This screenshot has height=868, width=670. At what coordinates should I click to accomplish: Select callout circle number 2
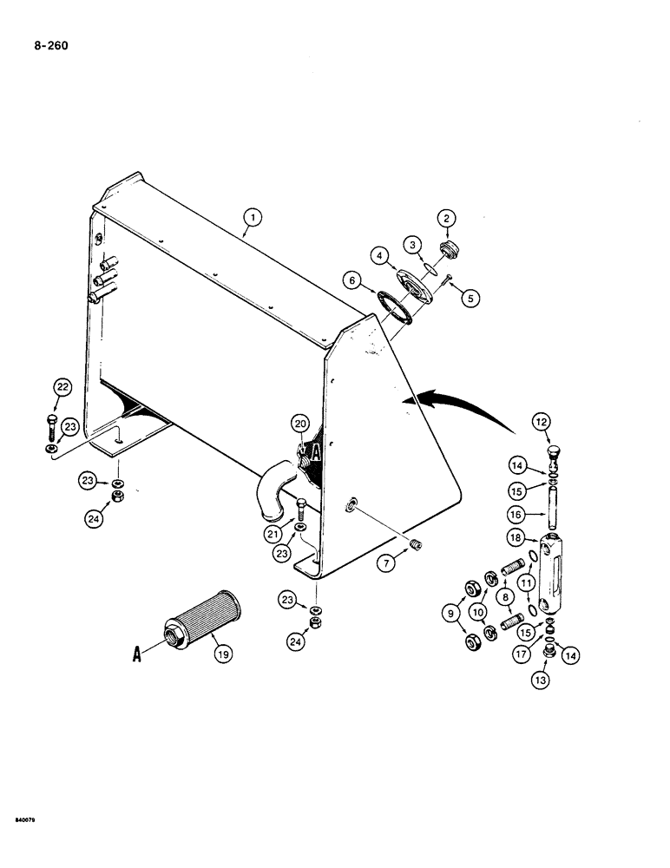tap(448, 219)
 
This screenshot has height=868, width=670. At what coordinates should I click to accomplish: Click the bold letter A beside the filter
tap(137, 657)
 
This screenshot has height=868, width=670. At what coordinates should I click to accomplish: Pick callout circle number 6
tap(351, 280)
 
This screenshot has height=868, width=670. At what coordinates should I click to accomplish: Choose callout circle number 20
tap(300, 424)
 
